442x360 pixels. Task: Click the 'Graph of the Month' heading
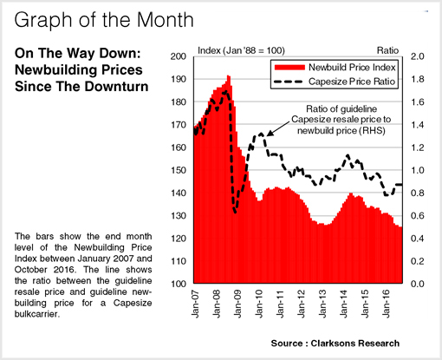(104, 20)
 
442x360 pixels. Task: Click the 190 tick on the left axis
(179, 79)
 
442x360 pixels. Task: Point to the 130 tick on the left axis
(179, 216)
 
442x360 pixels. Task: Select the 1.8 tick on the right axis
(418, 79)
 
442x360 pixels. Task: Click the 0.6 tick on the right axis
(418, 216)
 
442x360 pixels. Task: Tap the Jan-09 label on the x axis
(237, 304)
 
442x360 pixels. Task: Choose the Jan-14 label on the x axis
(344, 304)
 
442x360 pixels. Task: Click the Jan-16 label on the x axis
(386, 304)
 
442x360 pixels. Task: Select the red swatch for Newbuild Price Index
(289, 68)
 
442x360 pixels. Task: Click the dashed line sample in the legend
(289, 82)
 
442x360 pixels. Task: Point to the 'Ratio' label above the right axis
(387, 50)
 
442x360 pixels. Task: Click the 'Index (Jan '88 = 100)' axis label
(241, 50)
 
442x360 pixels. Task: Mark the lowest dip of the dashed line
(235, 212)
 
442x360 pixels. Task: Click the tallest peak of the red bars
(229, 76)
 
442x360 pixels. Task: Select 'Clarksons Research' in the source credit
(355, 344)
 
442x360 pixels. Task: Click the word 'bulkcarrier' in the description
(36, 314)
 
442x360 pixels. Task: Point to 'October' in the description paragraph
(31, 270)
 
